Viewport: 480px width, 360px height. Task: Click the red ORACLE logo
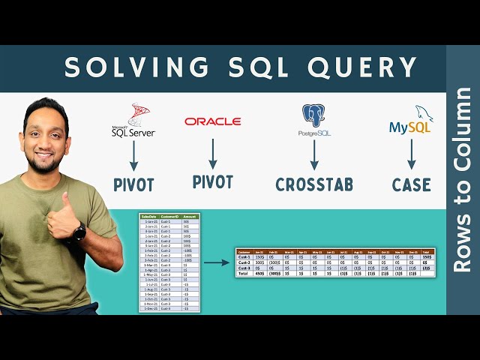tap(212, 121)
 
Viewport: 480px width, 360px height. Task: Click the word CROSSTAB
tap(314, 184)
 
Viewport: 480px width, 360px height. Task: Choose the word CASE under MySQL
tap(411, 184)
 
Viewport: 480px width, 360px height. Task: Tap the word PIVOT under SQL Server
tap(133, 184)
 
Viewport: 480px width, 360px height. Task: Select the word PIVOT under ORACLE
tap(212, 181)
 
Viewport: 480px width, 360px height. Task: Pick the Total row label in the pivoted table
tap(244, 274)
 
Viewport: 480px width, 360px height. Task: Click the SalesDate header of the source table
tap(149, 217)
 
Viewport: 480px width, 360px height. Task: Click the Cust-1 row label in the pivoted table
tap(244, 257)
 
